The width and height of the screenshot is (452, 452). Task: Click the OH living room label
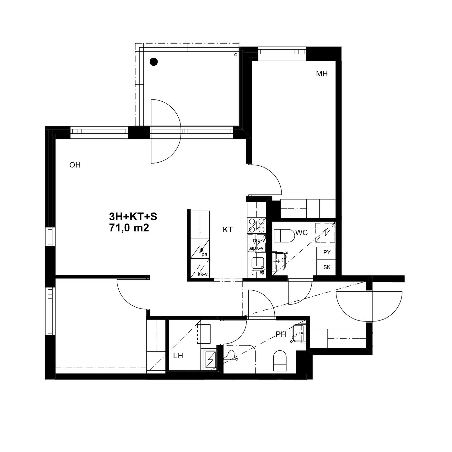click(75, 165)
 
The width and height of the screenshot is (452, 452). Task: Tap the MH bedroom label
click(322, 74)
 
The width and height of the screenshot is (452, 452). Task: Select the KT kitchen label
click(228, 230)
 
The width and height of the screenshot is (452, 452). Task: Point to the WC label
click(301, 233)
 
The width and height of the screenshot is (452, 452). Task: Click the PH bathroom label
click(281, 335)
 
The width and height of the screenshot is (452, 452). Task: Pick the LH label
click(178, 356)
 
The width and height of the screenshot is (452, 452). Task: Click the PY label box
click(327, 252)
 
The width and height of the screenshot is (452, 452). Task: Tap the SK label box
click(327, 267)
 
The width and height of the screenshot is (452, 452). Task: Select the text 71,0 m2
click(129, 228)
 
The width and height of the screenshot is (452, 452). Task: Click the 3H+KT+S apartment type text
click(133, 217)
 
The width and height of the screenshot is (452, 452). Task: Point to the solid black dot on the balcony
click(153, 62)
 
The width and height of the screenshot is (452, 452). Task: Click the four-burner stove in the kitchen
click(256, 225)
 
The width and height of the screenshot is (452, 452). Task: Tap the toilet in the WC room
click(284, 236)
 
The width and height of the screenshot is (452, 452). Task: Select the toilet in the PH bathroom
click(280, 361)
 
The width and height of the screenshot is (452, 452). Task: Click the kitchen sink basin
click(258, 263)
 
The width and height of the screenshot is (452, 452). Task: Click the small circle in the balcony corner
click(236, 55)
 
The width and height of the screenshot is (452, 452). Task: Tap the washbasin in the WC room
click(280, 260)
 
